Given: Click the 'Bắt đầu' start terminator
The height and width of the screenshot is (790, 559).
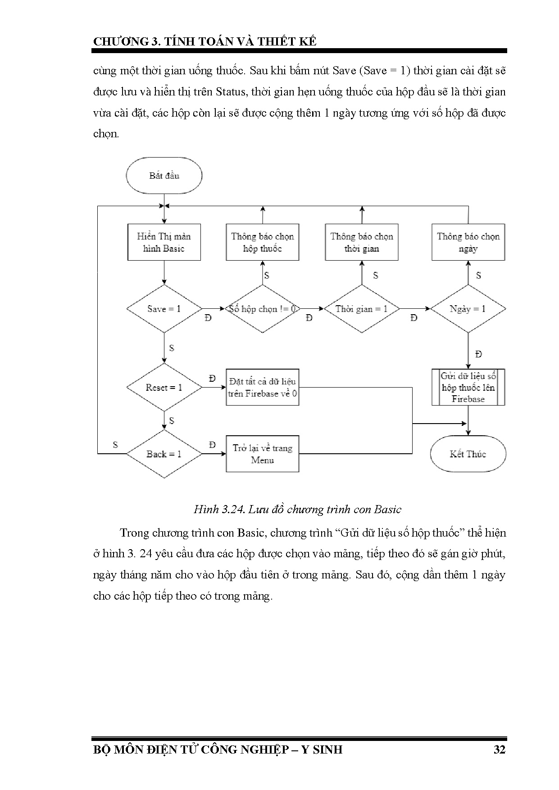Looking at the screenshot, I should coord(164,176).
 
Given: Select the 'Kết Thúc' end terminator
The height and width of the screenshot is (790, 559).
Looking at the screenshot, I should coord(468,454).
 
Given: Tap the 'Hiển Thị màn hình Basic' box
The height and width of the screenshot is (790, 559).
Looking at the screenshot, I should coord(164,242).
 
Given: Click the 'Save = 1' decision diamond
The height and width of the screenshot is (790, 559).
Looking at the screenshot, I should coord(164,309).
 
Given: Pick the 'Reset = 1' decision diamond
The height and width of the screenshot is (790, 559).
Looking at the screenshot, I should coord(164,387).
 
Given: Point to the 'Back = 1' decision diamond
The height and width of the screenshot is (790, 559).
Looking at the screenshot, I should coord(164,454).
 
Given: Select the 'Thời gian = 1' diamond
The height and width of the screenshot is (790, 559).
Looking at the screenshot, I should coord(361,309).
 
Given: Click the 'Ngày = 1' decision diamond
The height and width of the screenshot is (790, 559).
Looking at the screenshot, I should coord(468,309).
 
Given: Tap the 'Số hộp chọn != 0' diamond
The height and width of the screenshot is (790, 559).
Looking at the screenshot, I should coord(262,309).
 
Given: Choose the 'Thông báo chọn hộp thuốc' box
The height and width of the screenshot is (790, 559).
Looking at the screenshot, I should coord(262,242).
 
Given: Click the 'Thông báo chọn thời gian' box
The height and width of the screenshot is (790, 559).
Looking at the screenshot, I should coord(361,242).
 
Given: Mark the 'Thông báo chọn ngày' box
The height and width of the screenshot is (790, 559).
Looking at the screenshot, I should coord(468,242).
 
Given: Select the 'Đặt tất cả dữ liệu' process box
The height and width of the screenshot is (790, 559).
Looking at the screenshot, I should coord(262,387).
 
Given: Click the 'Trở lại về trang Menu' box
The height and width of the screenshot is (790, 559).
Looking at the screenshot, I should coord(262,454).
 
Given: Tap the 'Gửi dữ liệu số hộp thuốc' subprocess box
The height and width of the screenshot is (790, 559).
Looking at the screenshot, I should coord(468,387).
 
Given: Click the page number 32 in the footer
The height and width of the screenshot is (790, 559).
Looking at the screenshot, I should coord(499,749).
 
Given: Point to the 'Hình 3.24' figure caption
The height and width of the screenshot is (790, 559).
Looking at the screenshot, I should coord(297,509).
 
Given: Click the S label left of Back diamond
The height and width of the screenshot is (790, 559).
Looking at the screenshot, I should coord(115,445).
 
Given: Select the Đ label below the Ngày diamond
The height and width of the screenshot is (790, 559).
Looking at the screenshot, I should coord(478,354).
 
